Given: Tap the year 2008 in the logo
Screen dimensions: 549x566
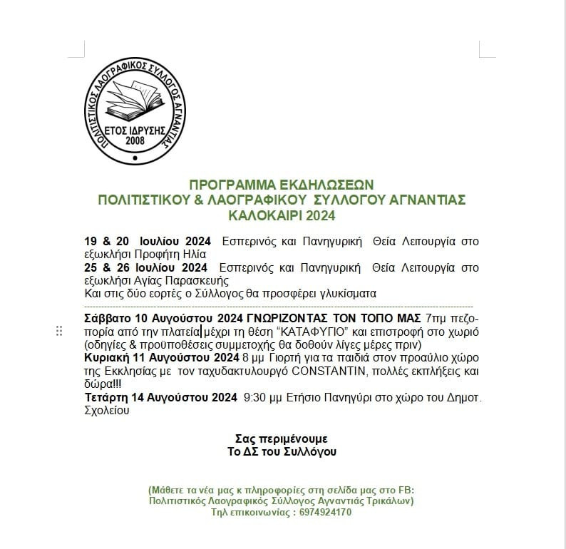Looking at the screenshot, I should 135,140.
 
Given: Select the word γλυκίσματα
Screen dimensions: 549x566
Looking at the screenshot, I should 336,294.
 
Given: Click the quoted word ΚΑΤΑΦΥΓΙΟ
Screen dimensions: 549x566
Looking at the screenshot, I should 307,332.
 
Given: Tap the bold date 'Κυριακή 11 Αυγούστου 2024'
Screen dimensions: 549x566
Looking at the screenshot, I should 162,358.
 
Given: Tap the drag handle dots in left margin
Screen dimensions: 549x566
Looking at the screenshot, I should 59,331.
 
